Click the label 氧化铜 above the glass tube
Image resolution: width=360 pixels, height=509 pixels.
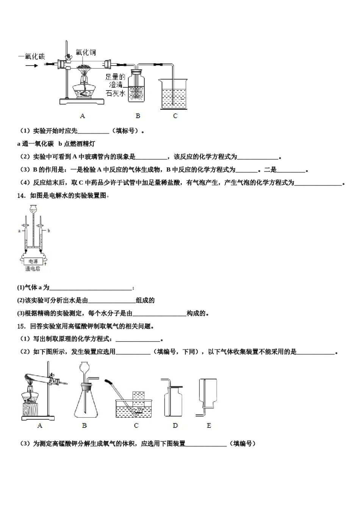(x=86, y=52)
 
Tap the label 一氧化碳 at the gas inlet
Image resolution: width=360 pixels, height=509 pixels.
(x=31, y=56)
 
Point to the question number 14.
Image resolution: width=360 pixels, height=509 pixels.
(x=21, y=195)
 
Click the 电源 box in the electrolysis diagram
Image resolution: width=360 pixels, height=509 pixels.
(x=33, y=261)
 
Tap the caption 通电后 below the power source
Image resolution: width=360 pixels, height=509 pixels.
(x=33, y=269)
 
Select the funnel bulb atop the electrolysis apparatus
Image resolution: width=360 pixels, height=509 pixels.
(x=33, y=208)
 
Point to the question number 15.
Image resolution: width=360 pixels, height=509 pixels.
(x=21, y=326)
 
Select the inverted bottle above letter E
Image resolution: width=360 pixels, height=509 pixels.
(x=208, y=396)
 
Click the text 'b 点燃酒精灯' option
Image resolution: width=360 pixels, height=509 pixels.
(x=77, y=144)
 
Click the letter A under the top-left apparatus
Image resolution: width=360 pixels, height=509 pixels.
(x=82, y=116)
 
